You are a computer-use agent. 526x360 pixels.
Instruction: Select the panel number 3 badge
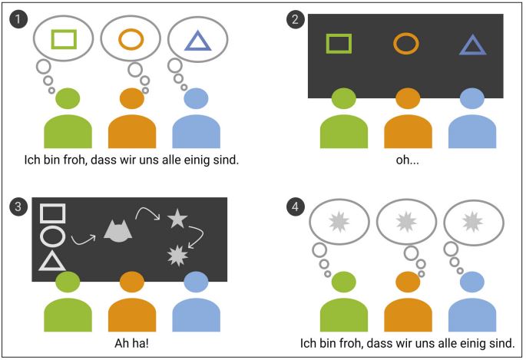(17, 206)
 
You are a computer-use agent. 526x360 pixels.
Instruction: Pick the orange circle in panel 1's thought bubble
(131, 38)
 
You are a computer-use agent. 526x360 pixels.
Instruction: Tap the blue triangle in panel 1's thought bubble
(199, 40)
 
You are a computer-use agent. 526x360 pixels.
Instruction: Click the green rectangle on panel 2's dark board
(338, 43)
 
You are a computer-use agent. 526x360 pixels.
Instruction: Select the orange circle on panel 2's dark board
(406, 43)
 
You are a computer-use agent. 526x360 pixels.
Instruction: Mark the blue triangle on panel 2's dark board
(473, 45)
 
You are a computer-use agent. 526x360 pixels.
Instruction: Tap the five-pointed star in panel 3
(177, 219)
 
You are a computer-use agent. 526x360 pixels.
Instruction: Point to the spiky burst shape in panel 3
(177, 253)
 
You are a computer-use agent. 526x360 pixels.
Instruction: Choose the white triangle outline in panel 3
(51, 261)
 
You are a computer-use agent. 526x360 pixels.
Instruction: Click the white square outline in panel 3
(51, 213)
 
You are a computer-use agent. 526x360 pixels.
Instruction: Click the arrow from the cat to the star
(147, 213)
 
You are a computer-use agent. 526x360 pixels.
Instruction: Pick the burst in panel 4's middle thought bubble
(407, 223)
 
